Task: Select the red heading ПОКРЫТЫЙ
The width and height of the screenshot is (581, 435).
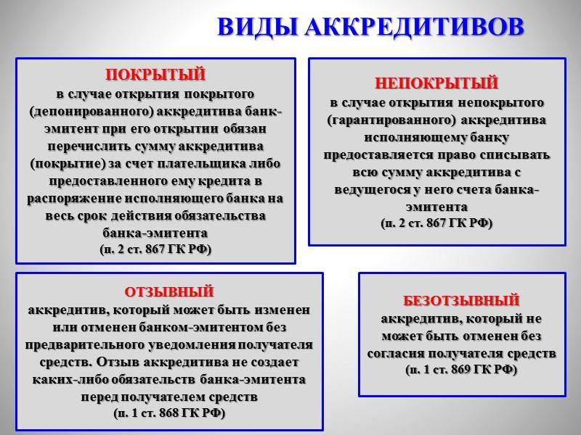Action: (155, 75)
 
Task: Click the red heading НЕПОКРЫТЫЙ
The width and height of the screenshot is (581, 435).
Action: (436, 83)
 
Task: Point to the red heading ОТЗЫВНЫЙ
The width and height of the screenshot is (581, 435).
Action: (169, 292)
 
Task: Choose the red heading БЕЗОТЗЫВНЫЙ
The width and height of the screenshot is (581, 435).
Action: (461, 300)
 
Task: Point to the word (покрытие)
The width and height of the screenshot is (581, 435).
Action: (68, 164)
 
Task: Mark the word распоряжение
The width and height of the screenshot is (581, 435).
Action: (74, 199)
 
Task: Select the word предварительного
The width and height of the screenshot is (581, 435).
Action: (85, 345)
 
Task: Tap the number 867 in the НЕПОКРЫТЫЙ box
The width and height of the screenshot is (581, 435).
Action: (437, 223)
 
